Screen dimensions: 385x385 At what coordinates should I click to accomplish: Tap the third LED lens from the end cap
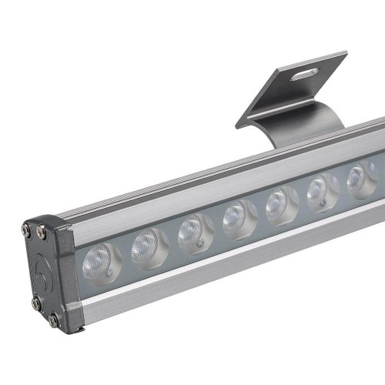191,229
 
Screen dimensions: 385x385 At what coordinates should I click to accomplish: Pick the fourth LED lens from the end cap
235,216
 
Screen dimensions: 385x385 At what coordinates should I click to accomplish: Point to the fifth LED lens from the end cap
277,203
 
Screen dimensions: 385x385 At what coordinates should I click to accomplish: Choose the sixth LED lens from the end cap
319,189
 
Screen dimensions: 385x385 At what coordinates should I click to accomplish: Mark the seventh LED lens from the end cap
359,178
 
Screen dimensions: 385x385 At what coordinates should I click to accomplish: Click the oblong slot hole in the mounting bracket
306,73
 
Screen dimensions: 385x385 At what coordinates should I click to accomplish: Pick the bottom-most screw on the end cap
53,318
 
